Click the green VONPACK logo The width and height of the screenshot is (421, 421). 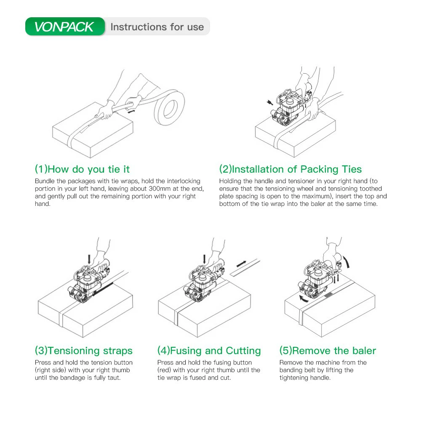65,27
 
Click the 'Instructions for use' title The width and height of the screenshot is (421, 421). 157,27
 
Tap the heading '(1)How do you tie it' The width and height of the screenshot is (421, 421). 82,169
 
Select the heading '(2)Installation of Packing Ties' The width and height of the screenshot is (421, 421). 290,169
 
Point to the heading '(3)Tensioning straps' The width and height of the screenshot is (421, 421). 84,351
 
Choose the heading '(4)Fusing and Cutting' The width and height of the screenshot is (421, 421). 209,351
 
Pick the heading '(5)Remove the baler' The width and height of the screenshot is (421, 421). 328,351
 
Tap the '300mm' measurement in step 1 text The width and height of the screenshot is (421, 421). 160,189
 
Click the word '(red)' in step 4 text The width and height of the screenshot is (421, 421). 164,370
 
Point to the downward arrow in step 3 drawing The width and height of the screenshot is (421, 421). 89,259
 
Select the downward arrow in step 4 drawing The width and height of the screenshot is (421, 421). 205,259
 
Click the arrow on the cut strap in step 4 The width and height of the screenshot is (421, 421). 241,264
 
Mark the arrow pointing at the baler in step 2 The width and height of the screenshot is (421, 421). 270,102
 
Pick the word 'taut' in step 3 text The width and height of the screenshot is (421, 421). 113,378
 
